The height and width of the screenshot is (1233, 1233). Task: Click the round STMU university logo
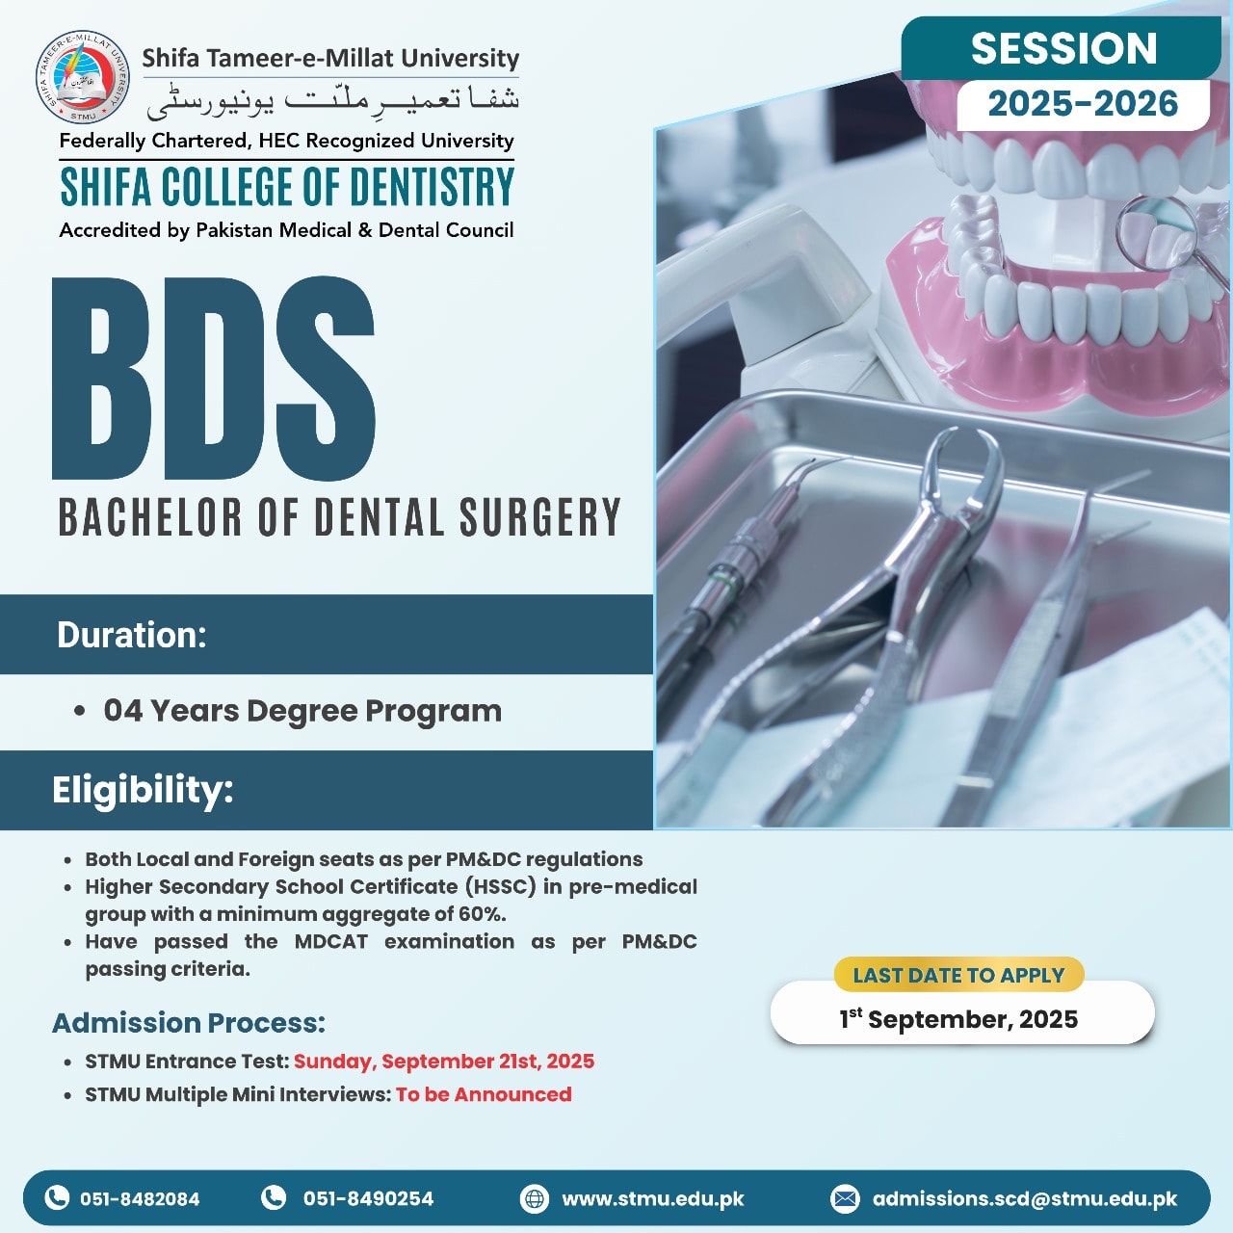82,77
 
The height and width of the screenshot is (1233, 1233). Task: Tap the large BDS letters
213,379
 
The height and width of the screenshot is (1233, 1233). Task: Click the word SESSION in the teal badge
1063,48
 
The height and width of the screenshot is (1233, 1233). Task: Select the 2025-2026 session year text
1083,104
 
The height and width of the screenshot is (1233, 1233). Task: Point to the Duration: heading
132,635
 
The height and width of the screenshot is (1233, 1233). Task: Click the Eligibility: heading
143,790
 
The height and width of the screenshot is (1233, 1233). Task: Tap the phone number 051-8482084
140,1198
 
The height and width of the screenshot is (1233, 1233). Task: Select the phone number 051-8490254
368,1197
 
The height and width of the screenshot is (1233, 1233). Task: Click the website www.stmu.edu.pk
653,1198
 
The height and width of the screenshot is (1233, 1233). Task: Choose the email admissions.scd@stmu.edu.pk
1024,1198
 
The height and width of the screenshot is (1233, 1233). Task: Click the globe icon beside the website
535,1198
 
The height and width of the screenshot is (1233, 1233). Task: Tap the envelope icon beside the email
845,1198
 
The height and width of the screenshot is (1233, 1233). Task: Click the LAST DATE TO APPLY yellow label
958,975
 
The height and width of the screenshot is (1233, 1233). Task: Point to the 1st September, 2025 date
958,1018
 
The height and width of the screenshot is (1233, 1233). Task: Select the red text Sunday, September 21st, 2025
444,1062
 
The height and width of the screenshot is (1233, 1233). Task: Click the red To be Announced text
484,1095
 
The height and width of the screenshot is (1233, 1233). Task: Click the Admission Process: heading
189,1022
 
